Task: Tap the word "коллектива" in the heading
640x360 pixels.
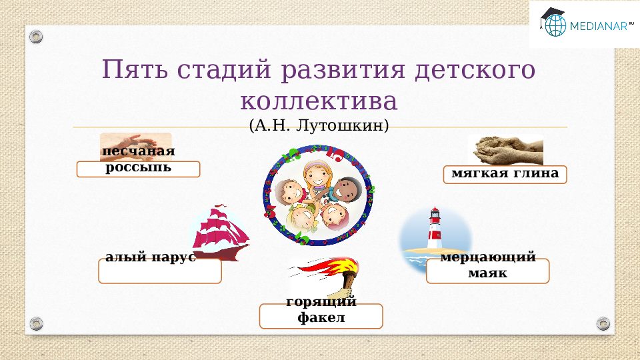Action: click(x=319, y=102)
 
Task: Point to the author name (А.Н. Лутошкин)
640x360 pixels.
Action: click(x=319, y=125)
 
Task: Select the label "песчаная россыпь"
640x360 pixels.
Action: click(x=138, y=159)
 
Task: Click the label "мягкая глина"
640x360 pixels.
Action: click(x=505, y=174)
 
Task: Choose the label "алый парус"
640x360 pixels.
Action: click(x=151, y=258)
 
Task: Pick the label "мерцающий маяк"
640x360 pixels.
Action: click(x=487, y=265)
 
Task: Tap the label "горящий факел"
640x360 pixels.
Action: click(x=321, y=310)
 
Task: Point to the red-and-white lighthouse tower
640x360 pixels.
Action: click(x=435, y=230)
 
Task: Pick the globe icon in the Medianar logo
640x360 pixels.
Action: click(x=554, y=25)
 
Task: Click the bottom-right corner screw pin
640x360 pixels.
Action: click(x=603, y=323)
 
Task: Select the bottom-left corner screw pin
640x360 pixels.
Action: click(x=36, y=323)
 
